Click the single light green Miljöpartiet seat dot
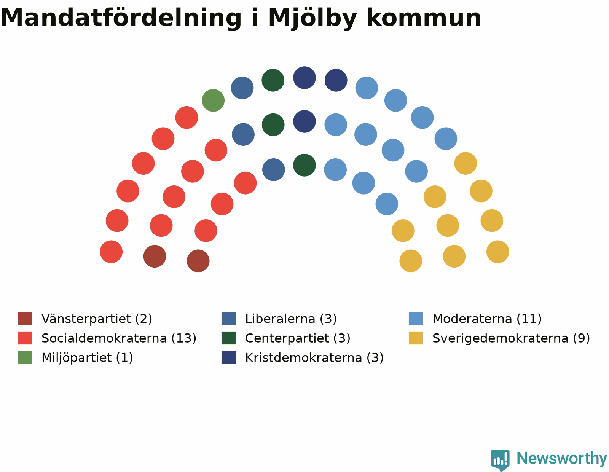[x=213, y=100]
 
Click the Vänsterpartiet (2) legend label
[x=97, y=319]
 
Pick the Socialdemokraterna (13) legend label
[x=119, y=338]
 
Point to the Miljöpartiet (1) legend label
[x=87, y=357]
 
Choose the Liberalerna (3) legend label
[x=291, y=319]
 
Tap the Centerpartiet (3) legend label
[x=298, y=338]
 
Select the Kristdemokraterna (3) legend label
[x=314, y=357]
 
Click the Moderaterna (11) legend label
[x=487, y=319]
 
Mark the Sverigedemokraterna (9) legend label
[x=511, y=338]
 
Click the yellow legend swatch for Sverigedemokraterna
[x=416, y=338]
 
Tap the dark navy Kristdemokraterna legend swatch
[x=228, y=357]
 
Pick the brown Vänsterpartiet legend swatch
[x=25, y=319]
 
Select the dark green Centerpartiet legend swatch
[x=228, y=338]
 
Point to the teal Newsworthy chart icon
[x=500, y=460]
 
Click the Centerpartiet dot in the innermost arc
[x=304, y=165]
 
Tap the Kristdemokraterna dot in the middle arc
[x=304, y=121]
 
